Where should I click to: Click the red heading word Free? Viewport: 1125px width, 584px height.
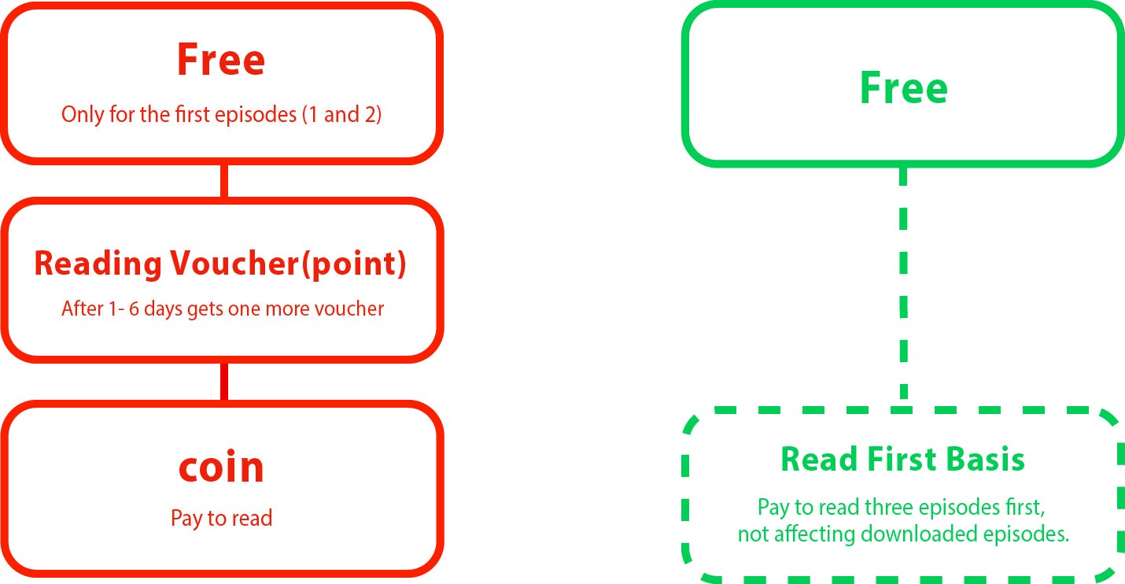[x=221, y=59]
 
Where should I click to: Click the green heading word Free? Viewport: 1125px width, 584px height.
[x=903, y=87]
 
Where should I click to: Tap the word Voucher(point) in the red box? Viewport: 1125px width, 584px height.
[x=288, y=264]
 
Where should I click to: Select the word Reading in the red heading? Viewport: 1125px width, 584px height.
[x=98, y=264]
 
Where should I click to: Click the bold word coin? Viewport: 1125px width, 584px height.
[x=222, y=467]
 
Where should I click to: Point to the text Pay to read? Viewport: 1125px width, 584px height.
[x=222, y=518]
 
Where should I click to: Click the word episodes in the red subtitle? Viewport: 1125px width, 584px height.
[x=256, y=115]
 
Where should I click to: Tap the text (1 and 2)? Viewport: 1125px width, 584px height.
[x=342, y=115]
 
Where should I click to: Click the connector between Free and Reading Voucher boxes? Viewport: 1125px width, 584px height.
[x=224, y=180]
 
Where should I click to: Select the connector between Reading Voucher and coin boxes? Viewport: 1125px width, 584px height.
[x=224, y=382]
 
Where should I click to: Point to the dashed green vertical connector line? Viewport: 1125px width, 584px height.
[x=903, y=286]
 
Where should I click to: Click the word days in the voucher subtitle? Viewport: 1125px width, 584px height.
[x=163, y=309]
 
